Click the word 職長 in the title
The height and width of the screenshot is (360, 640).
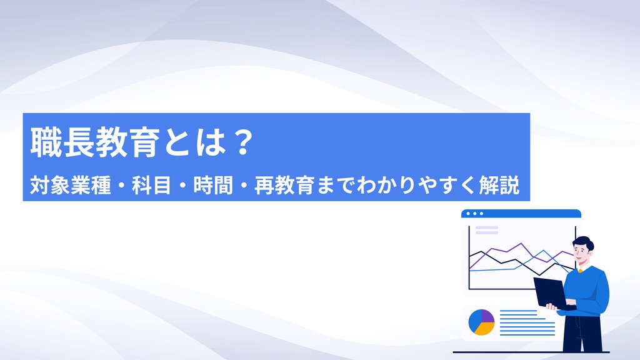point(62,142)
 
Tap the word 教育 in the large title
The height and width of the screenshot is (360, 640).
point(127,142)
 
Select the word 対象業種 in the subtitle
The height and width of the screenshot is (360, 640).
point(71,185)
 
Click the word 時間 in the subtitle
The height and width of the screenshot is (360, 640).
point(213,185)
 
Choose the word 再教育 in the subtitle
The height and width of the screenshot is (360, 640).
point(284,185)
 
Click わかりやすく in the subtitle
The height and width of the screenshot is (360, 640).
point(417,185)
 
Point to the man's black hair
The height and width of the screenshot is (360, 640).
point(584,242)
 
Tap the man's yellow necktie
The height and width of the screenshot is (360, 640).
point(581,271)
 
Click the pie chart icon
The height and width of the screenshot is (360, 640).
point(482,322)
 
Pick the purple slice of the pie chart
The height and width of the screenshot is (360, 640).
point(487,316)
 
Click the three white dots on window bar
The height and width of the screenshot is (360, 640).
point(474,214)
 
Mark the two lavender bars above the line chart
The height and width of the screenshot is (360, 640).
point(487,230)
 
